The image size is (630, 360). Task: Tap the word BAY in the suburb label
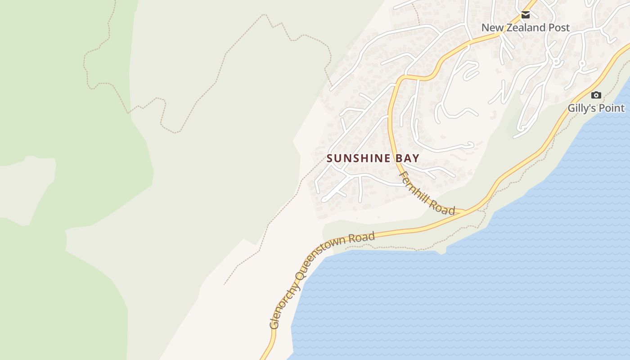click(x=407, y=158)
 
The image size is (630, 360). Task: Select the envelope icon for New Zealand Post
click(x=525, y=15)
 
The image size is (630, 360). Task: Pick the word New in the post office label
click(x=491, y=27)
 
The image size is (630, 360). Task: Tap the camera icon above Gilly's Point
click(x=596, y=95)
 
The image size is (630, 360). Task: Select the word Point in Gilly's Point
click(x=612, y=108)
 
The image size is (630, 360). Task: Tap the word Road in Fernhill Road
click(x=442, y=206)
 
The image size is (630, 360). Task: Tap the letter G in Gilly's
click(x=571, y=108)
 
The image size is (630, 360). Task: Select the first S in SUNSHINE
click(x=330, y=158)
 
